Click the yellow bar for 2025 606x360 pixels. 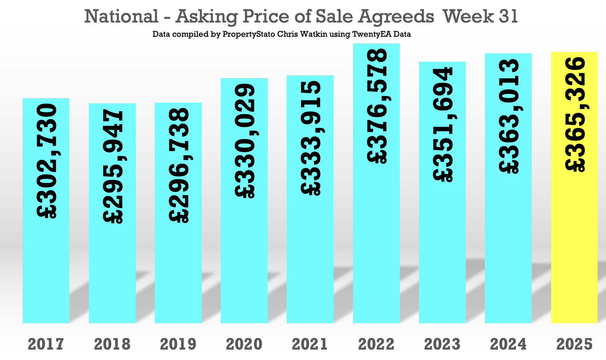(x=574, y=243)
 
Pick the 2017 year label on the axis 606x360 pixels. (x=46, y=344)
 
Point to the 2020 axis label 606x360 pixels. (x=244, y=344)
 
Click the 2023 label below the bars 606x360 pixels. (x=442, y=344)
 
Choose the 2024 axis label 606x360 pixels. (x=508, y=344)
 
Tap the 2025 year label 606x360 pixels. (x=574, y=344)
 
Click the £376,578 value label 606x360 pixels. (x=377, y=106)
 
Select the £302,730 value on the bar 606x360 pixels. (x=47, y=161)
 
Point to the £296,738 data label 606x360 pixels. (x=179, y=165)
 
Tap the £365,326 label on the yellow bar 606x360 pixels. (x=575, y=114)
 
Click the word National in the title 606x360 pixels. (x=121, y=16)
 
